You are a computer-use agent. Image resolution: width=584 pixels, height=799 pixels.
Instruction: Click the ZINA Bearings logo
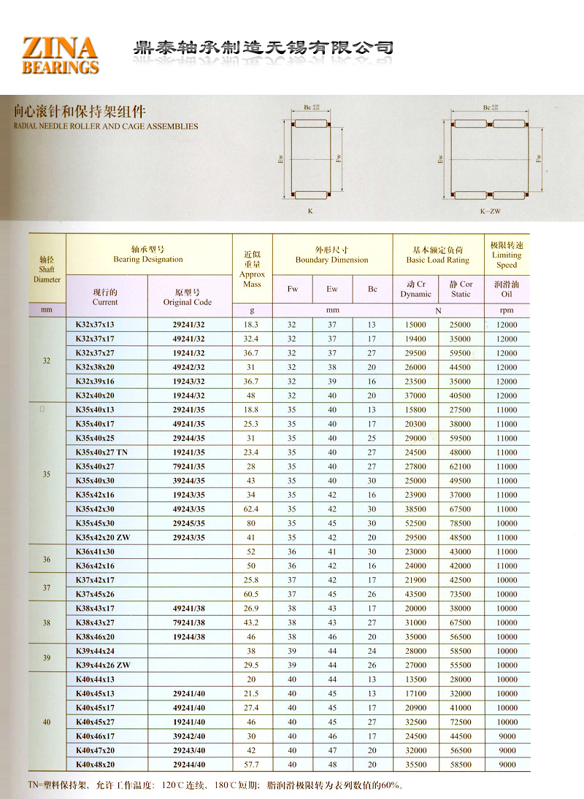(61, 55)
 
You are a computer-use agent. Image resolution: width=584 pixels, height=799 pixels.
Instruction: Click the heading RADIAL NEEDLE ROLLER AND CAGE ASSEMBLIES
(106, 126)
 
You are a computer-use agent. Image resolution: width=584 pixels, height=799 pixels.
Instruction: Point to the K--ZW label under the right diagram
(490, 211)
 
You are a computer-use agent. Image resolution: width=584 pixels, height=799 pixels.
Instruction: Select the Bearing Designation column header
(148, 254)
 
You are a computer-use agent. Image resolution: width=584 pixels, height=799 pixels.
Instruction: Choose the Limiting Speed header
(506, 255)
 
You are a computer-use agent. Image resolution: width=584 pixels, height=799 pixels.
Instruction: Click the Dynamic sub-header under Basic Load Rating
(416, 289)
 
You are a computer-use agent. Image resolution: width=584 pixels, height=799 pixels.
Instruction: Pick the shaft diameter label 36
(47, 559)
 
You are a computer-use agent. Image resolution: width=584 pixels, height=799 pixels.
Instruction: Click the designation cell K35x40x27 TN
(101, 452)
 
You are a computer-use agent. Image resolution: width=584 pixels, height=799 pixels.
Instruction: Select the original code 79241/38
(189, 622)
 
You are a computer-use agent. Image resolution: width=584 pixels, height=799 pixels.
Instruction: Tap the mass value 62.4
(251, 509)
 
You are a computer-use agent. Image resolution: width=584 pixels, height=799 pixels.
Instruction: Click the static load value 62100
(460, 466)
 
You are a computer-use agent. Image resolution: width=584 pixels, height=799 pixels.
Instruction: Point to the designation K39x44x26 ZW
(103, 665)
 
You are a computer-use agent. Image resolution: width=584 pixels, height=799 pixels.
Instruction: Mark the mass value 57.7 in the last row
(251, 764)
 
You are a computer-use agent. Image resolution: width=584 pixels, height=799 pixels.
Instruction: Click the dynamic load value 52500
(415, 523)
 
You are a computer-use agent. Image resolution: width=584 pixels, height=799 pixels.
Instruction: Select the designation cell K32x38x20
(95, 367)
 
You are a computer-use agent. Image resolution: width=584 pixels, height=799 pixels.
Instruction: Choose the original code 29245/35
(189, 523)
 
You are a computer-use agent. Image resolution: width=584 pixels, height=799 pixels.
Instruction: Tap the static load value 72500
(460, 722)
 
